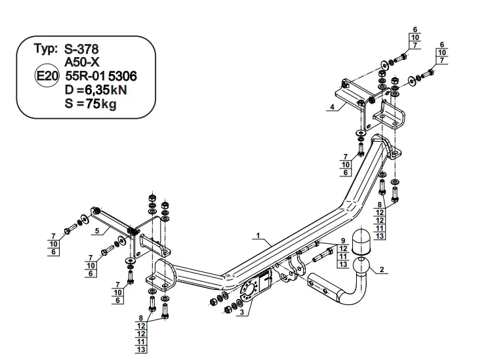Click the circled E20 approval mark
point(47,76)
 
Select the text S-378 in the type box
point(81,49)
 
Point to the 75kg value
point(101,104)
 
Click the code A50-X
point(82,62)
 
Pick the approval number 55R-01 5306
point(101,76)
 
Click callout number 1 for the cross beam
point(258,235)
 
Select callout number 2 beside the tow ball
point(382,270)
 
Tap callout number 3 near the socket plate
point(242,312)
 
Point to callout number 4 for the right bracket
point(332,107)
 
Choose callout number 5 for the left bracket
point(97,231)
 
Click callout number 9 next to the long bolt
point(343,241)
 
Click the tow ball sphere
point(361,266)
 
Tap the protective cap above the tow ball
point(361,241)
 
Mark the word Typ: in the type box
point(46,49)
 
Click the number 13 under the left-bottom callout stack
point(141,350)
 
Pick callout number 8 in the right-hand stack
point(380,205)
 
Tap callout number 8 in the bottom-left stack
point(141,318)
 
